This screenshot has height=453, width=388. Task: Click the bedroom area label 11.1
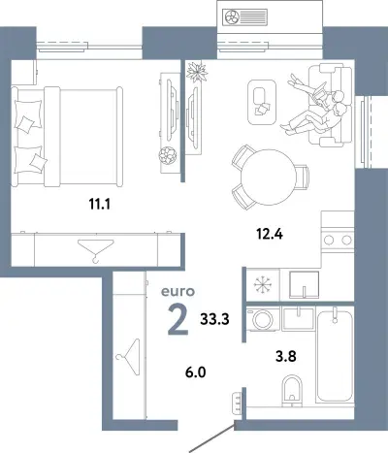point(100,204)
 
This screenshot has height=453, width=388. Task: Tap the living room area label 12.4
point(270,234)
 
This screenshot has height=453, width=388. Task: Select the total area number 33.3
point(214,319)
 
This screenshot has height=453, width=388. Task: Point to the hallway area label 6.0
point(196,372)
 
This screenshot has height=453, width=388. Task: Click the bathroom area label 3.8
point(286,356)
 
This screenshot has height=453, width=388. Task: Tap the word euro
point(178,292)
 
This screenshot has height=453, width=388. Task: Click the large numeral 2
point(178,320)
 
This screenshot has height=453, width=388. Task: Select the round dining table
point(268,177)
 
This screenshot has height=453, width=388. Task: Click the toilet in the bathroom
point(292,390)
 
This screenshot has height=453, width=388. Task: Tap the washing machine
point(263,319)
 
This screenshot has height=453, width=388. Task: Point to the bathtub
point(335,356)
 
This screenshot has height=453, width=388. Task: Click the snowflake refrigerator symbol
point(263,285)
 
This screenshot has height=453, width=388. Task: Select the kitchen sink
point(304,284)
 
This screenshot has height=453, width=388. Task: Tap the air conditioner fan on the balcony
point(232,16)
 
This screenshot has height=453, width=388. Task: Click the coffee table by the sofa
point(262,102)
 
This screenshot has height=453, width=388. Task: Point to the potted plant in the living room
point(196,72)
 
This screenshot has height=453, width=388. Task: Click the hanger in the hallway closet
point(128,357)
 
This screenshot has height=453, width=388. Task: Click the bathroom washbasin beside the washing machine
point(298,319)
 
